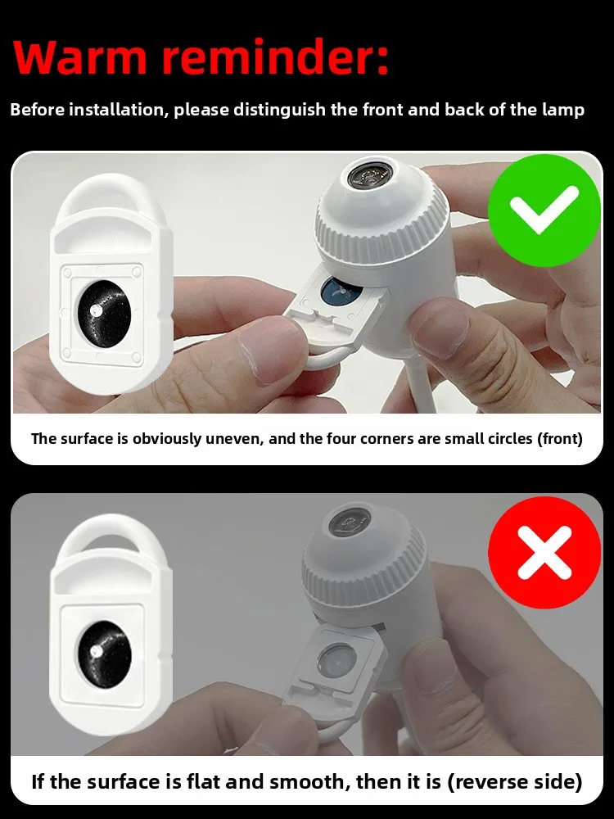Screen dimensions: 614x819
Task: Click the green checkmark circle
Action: pyautogui.click(x=544, y=210)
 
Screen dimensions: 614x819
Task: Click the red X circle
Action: pyautogui.click(x=544, y=552)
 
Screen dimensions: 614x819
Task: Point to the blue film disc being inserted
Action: pyautogui.click(x=340, y=292)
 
